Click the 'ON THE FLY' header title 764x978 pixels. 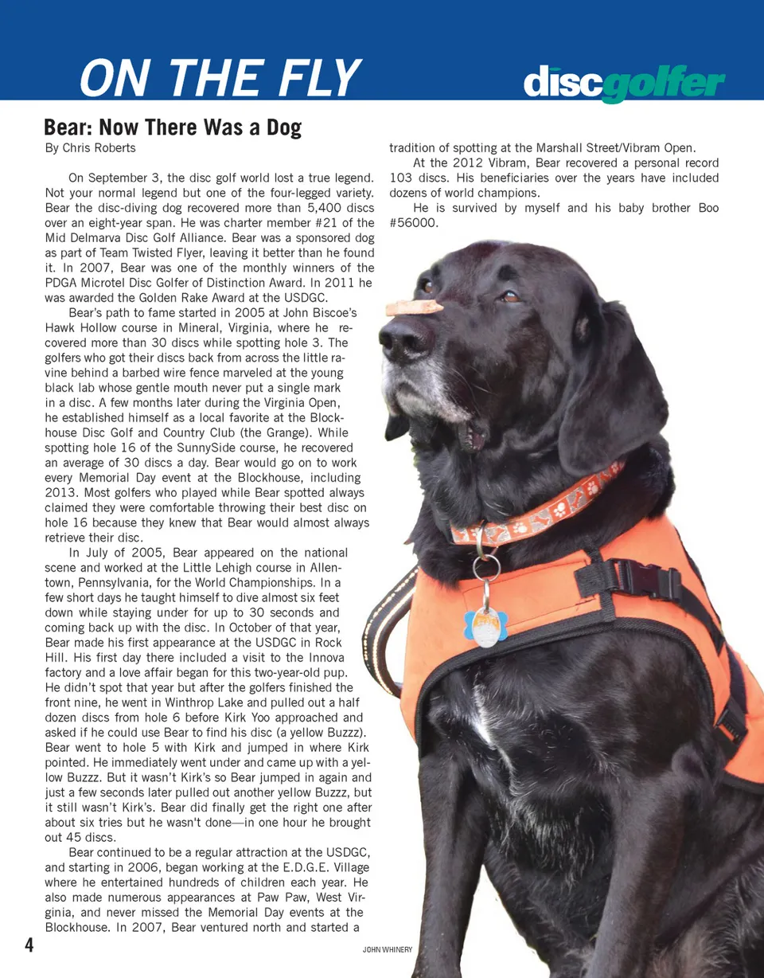[220, 78]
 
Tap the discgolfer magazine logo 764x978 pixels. [624, 84]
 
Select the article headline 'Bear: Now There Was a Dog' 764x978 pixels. [173, 127]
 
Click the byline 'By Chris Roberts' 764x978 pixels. [90, 148]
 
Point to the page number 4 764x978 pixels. [29, 945]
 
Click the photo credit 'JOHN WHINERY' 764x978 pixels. [387, 950]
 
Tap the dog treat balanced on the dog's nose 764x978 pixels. [414, 307]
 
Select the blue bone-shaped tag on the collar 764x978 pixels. [485, 625]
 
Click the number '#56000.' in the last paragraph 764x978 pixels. [414, 223]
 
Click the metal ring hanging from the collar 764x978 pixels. [486, 567]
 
